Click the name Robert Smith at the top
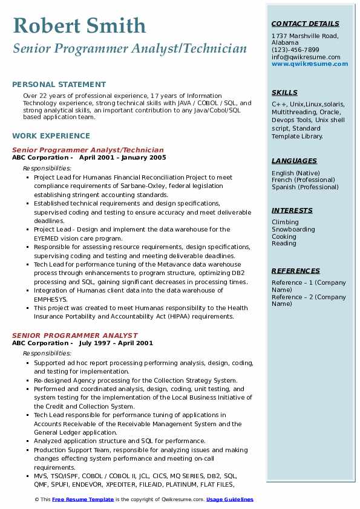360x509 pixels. click(79, 25)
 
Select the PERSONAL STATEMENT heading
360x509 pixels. click(59, 85)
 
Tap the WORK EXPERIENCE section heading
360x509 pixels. click(51, 136)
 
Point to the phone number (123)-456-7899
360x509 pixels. click(295, 50)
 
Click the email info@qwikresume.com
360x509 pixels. click(306, 57)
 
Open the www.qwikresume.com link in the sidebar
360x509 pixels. click(310, 64)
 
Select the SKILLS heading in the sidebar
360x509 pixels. click(284, 93)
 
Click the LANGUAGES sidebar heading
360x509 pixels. click(294, 161)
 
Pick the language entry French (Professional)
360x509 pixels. click(303, 180)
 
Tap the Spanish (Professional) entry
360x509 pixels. click(305, 187)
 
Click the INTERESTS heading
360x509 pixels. click(292, 211)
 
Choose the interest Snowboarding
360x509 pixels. click(293, 230)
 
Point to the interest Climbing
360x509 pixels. click(285, 222)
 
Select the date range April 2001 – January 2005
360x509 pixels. click(122, 158)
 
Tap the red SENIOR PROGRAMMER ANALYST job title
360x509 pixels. click(75, 336)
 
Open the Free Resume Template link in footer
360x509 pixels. click(83, 500)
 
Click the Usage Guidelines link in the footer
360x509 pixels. click(230, 500)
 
